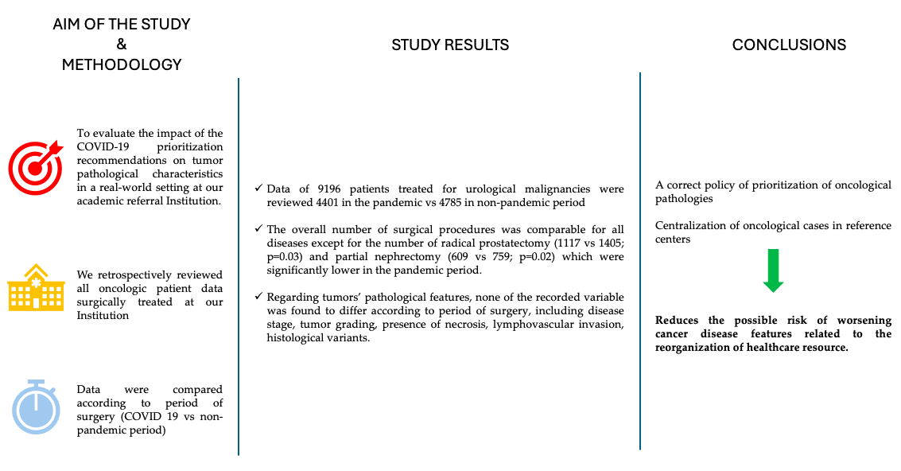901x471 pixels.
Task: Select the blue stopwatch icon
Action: (x=36, y=406)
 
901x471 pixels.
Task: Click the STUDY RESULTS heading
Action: (x=450, y=45)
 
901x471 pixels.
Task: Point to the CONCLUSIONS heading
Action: (x=789, y=45)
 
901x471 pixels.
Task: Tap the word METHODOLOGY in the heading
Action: (x=122, y=64)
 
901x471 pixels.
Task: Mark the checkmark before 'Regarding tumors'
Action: (x=258, y=297)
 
